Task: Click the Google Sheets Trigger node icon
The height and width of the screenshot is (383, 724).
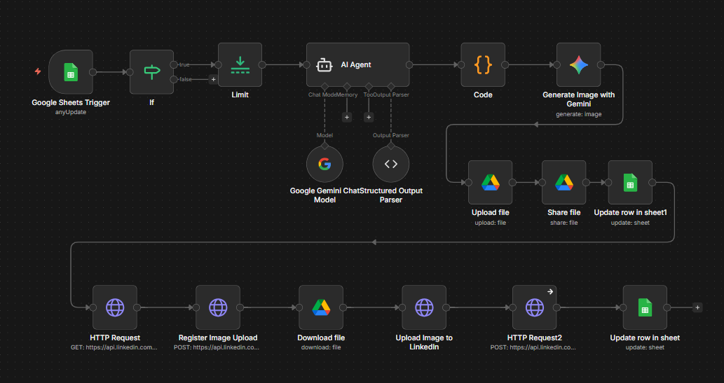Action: (71, 71)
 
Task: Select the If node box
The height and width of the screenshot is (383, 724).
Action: (151, 71)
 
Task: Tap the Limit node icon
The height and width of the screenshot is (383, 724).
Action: (240, 64)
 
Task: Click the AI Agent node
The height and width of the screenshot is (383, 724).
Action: (357, 65)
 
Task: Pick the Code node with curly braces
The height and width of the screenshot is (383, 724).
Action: (483, 65)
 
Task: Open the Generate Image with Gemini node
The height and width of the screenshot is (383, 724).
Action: (578, 65)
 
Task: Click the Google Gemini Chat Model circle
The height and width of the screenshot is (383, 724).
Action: (325, 164)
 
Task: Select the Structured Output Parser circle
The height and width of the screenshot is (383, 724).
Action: (391, 164)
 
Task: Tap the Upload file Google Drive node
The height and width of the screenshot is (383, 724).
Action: (490, 182)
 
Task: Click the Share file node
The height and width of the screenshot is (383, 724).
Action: (564, 182)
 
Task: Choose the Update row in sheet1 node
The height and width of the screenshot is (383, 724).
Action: (630, 182)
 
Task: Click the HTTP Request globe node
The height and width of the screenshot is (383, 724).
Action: (114, 307)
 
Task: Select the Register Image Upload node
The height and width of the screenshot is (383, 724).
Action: (217, 307)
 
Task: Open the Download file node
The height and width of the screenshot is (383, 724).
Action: (320, 307)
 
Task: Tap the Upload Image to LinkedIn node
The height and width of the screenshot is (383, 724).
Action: (424, 307)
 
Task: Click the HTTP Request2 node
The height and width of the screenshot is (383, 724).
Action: (534, 307)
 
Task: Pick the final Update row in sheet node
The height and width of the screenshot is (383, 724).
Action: (644, 307)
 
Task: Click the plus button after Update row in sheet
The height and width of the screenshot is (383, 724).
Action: (697, 307)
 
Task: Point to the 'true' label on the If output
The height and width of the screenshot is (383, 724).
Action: (184, 64)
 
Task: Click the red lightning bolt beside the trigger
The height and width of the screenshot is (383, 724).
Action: (38, 71)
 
